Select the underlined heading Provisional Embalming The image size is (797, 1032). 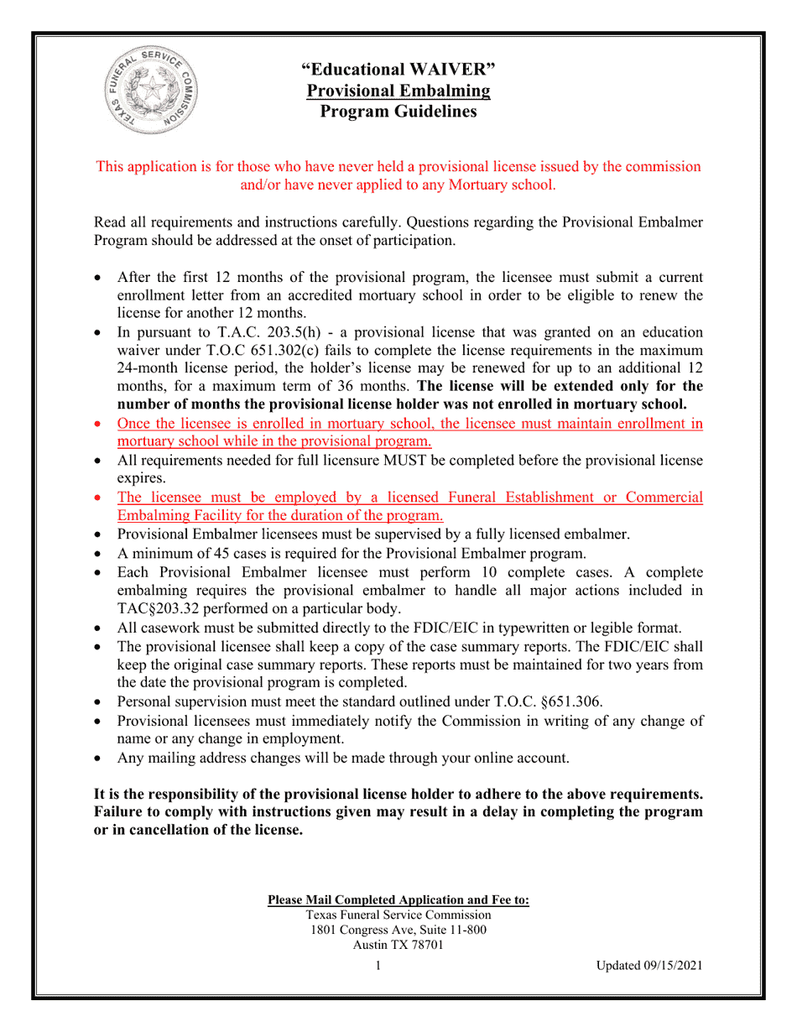coord(398,91)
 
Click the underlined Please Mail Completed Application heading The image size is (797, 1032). coord(398,900)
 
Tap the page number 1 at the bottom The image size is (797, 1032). coord(378,966)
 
